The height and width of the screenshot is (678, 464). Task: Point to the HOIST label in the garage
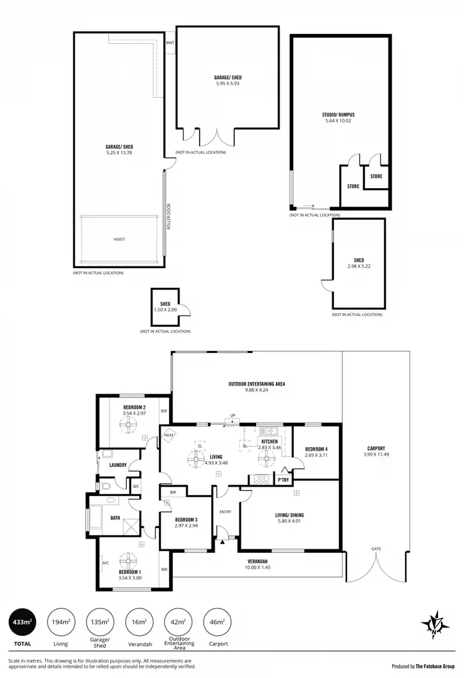(119, 239)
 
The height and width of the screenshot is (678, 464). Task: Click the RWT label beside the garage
(170, 43)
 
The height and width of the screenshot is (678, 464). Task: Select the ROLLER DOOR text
(168, 214)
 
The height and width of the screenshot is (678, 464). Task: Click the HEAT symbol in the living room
(169, 435)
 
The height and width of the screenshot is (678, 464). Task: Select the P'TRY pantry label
(283, 480)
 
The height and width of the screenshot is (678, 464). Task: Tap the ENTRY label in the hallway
(225, 511)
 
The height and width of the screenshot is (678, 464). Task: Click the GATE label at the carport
(376, 549)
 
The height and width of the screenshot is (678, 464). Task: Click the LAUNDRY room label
(118, 465)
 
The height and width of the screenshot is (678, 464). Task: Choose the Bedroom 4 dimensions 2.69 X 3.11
(316, 455)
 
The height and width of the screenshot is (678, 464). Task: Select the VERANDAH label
(257, 561)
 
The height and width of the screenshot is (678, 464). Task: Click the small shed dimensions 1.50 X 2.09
(165, 310)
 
